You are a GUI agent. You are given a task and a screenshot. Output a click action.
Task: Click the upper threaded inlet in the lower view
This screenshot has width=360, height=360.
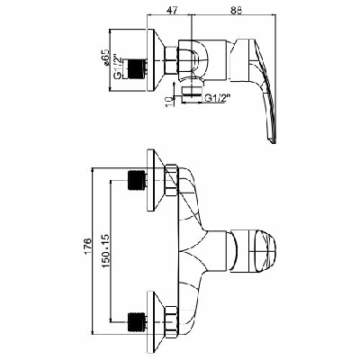[138, 179]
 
